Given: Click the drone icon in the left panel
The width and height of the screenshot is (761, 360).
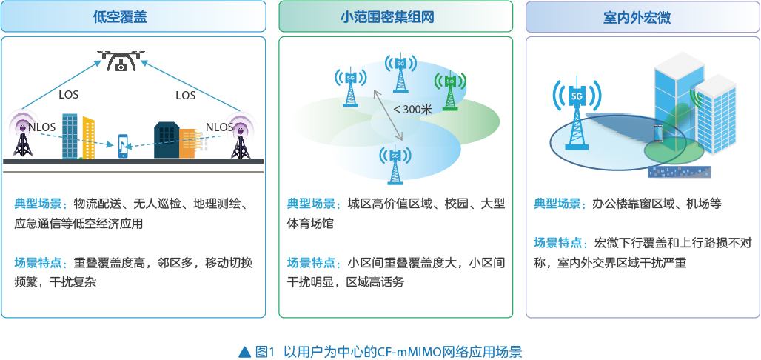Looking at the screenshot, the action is pyautogui.click(x=121, y=59).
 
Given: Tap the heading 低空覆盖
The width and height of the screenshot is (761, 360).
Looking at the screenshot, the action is pyautogui.click(x=121, y=18).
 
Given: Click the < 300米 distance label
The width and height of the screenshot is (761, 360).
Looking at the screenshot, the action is pyautogui.click(x=412, y=109).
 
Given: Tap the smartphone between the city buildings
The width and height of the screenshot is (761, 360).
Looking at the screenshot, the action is pyautogui.click(x=124, y=146).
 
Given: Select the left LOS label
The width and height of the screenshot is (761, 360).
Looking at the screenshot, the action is pyautogui.click(x=68, y=94).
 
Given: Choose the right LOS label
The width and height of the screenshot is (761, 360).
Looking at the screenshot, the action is pyautogui.click(x=185, y=95).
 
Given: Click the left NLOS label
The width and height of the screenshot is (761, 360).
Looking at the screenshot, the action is pyautogui.click(x=41, y=127).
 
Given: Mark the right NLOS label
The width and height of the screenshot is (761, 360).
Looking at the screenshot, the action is pyautogui.click(x=219, y=127).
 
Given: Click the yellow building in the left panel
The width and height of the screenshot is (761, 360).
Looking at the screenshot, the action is pyautogui.click(x=88, y=138).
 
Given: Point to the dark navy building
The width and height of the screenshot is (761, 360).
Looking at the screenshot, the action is pyautogui.click(x=167, y=140).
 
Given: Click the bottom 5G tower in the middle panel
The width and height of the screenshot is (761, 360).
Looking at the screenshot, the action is pyautogui.click(x=395, y=164).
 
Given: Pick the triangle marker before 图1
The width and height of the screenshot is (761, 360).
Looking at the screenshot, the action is pyautogui.click(x=246, y=351).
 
